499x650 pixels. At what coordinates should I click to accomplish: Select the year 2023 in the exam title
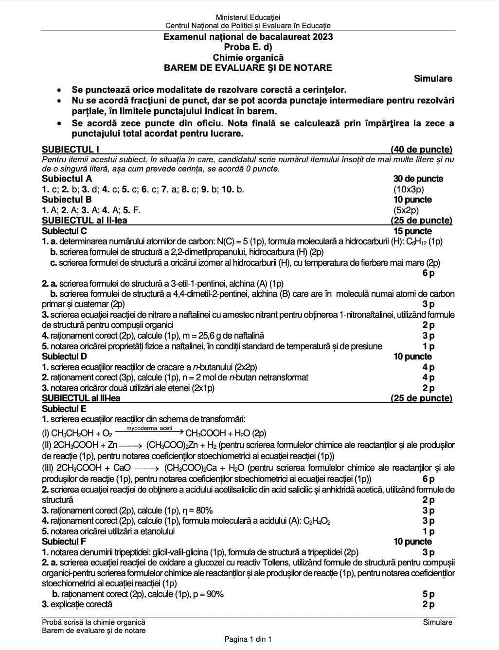pos(320,37)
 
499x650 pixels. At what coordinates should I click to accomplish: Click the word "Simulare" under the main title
pos(433,79)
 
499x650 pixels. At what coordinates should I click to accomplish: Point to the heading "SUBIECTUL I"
pos(71,150)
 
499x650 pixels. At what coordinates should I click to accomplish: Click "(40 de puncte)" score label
pos(421,150)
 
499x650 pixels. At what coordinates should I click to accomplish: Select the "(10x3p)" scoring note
pos(409,189)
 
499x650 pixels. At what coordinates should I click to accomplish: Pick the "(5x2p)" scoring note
pos(406,210)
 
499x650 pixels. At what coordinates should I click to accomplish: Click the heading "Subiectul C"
pos(65,231)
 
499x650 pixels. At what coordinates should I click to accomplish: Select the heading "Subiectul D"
pos(65,357)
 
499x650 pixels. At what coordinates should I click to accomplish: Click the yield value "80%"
pos(204,511)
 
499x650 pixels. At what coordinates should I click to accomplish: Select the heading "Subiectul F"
pos(64,542)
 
